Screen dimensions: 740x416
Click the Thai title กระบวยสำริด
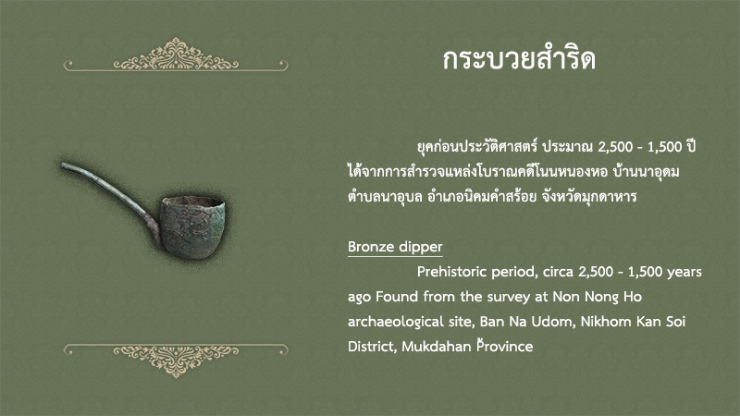coord(519,59)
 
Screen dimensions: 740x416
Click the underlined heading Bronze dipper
coord(395,247)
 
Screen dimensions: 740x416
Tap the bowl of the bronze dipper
coord(192,227)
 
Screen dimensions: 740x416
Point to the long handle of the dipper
coord(111,198)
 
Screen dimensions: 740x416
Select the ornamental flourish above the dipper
coord(176,55)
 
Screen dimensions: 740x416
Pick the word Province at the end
coord(504,346)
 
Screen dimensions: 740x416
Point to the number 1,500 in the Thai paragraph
coord(664,147)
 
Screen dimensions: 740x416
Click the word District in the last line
coord(372,346)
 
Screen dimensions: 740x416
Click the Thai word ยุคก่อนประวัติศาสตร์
coord(477,147)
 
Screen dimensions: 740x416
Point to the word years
coord(684,272)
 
